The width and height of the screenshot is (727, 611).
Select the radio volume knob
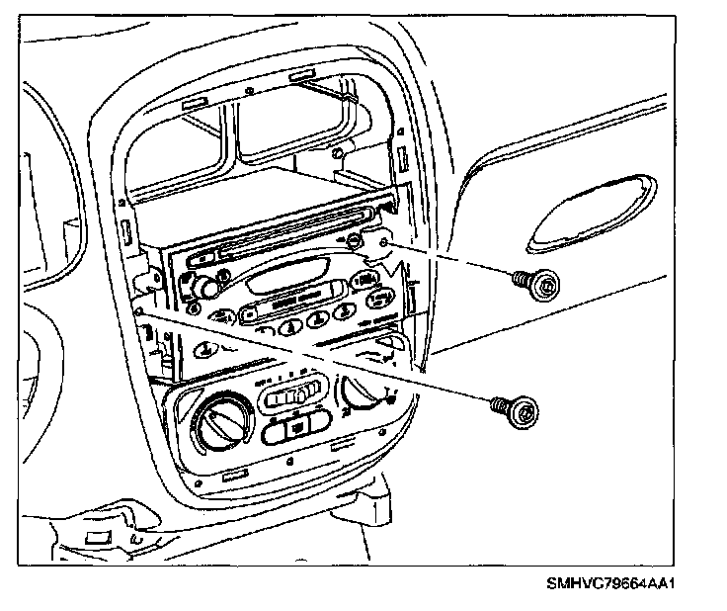[205, 288]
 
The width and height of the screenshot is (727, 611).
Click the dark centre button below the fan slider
[296, 428]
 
